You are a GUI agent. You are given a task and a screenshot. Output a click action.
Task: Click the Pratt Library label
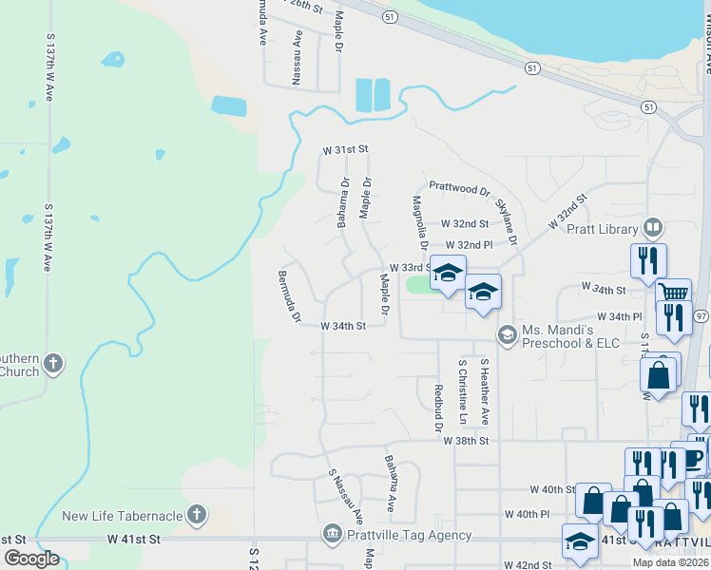[602, 229]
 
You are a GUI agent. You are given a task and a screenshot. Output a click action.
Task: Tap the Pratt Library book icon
[652, 228]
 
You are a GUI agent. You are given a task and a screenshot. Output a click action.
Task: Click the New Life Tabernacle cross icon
[197, 516]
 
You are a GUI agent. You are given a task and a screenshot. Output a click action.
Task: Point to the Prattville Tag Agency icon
[331, 535]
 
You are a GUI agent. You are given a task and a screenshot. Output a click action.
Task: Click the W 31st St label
[344, 150]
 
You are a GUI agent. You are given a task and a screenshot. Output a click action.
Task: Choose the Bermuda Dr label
[289, 295]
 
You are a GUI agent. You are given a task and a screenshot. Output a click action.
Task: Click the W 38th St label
[465, 441]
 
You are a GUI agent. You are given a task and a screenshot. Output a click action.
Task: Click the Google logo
[31, 559]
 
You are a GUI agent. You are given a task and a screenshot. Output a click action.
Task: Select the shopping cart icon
[674, 293]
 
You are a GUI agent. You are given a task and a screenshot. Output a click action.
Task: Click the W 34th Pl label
[620, 316]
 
